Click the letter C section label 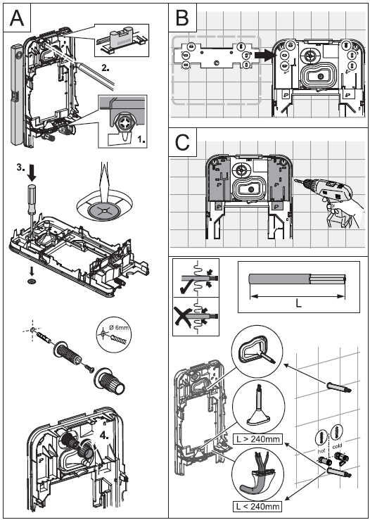183,143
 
